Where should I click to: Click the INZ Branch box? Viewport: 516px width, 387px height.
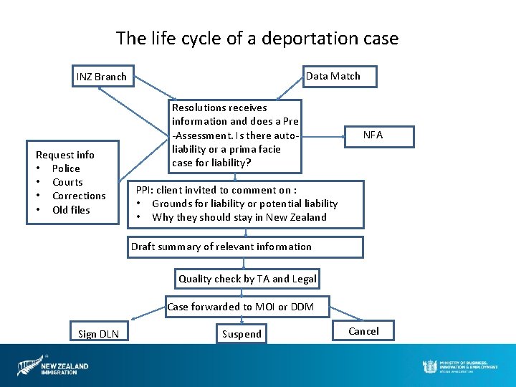(101, 77)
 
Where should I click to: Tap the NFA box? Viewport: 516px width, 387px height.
(373, 135)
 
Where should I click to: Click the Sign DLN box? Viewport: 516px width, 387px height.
(99, 334)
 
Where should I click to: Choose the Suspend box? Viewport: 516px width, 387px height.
(242, 334)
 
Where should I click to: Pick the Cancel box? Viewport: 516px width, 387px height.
(363, 331)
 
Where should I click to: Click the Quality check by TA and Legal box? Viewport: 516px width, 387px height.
(247, 279)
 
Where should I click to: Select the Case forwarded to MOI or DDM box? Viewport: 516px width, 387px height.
(247, 307)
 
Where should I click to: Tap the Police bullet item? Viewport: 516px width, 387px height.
(66, 168)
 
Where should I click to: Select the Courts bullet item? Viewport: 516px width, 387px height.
(67, 182)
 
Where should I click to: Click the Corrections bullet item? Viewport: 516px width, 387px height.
(79, 196)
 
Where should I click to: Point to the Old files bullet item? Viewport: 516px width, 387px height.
(71, 210)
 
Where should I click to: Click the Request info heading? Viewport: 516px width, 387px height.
(65, 155)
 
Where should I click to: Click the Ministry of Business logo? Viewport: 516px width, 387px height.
(459, 365)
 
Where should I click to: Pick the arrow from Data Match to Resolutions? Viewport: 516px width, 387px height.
(290, 88)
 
